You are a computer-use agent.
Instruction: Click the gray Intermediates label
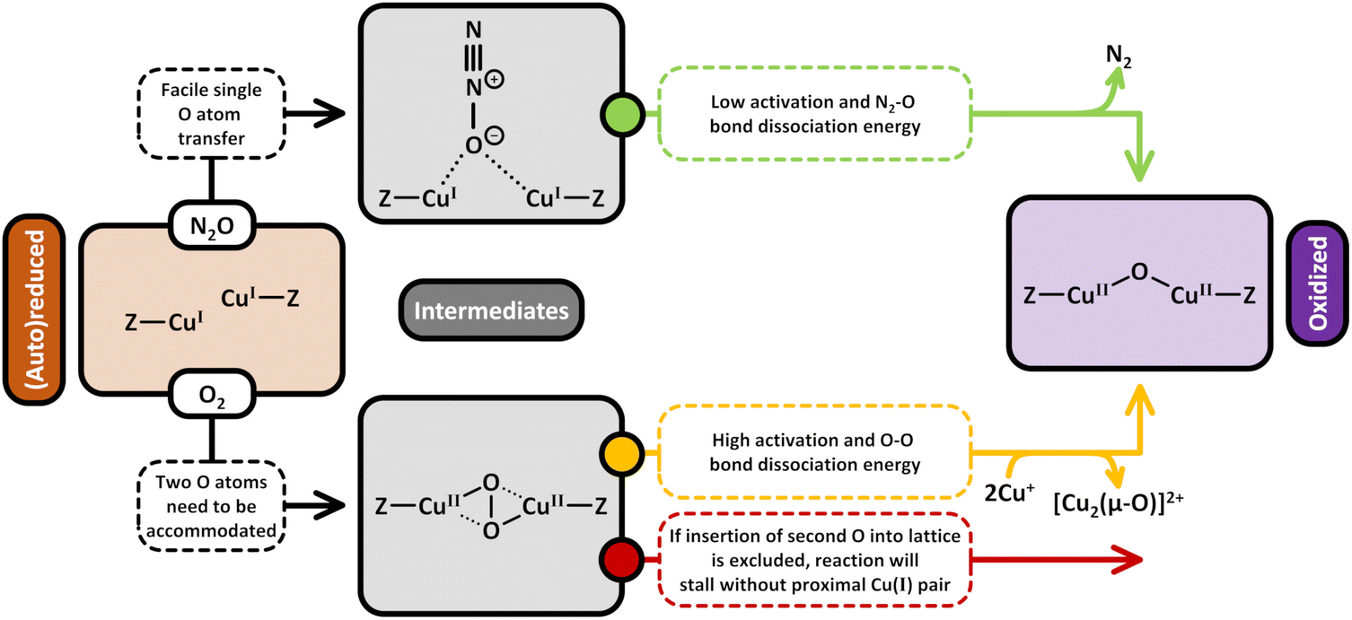(491, 310)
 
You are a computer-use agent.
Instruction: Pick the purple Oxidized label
(1316, 284)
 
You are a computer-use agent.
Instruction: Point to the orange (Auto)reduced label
(33, 310)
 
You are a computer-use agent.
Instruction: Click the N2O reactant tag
(212, 227)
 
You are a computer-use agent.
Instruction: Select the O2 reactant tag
(212, 395)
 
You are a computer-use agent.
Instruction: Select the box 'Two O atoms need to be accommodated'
(212, 504)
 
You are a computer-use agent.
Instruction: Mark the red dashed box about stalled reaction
(813, 559)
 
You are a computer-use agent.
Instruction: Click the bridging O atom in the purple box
(1138, 270)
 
